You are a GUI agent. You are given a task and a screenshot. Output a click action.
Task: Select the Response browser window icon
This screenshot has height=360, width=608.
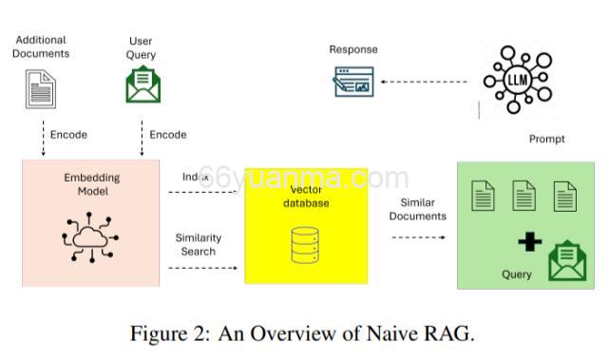click(352, 82)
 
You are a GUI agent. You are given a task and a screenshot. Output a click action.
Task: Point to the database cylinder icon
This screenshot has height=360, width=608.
click(305, 245)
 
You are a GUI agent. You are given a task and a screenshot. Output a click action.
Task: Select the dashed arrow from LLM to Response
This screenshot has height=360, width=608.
click(424, 82)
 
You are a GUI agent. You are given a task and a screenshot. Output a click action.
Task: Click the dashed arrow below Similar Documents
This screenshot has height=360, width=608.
click(418, 237)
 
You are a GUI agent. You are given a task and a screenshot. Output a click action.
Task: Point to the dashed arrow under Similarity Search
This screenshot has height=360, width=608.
click(203, 269)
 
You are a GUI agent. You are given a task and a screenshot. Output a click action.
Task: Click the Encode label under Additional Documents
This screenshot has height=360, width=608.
click(68, 135)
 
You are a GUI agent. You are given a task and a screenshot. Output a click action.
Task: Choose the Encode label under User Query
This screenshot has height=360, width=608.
click(168, 135)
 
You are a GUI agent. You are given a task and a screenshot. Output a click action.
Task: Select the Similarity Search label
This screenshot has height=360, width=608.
click(196, 244)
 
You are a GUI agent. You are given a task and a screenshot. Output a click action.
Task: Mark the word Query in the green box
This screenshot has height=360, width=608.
click(517, 275)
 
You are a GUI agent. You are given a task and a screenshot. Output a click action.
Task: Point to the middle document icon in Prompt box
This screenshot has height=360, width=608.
click(524, 197)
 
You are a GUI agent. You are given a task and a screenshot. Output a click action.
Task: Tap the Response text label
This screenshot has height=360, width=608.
click(353, 49)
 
